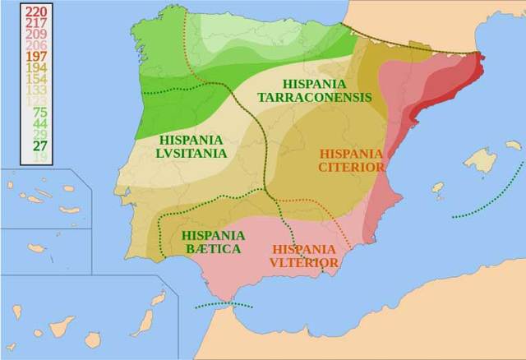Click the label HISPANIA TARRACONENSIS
coord(315,90)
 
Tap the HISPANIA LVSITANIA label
coord(191,146)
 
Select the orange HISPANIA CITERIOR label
coord(352,160)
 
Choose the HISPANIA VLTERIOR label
coord(303,256)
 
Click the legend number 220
coord(36,12)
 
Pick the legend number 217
coord(36,23)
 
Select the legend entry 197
coord(36,56)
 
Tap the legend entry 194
coord(36,67)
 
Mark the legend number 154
coord(36,79)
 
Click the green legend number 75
coord(39,112)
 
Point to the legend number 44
coord(39,123)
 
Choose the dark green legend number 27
coord(39,145)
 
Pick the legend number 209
coord(36,34)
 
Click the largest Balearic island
coord(480,161)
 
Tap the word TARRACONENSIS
coord(315,97)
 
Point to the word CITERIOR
coord(352,167)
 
